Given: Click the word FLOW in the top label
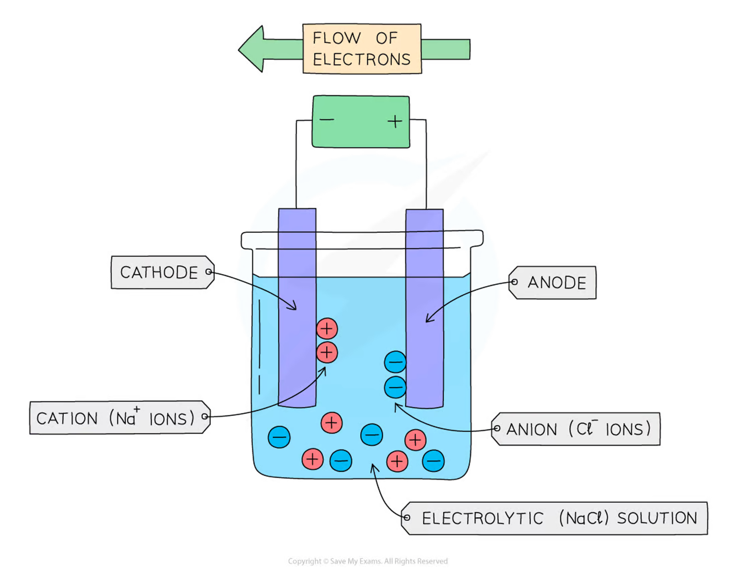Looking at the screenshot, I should (x=336, y=38).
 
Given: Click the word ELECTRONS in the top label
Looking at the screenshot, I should (x=362, y=60).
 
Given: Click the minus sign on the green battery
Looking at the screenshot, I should (x=327, y=119).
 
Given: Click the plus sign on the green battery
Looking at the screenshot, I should (x=395, y=121).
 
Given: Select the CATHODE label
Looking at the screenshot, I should (x=159, y=273).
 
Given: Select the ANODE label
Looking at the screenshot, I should (x=556, y=283).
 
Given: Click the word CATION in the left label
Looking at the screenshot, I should (x=67, y=419).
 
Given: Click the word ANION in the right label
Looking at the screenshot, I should (x=531, y=430).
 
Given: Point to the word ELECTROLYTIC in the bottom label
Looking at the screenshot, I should (x=482, y=519).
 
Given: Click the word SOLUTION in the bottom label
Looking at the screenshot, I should (x=657, y=518).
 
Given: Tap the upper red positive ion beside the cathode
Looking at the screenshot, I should (x=327, y=329).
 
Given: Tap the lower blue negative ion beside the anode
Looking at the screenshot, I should (x=395, y=387).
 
